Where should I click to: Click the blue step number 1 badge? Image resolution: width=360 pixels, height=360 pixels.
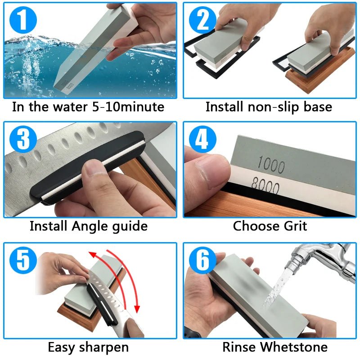pos(20,19)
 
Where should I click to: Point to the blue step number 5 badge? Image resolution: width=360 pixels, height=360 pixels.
pos(20,260)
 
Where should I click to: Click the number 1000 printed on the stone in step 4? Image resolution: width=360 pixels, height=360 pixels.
pos(271,166)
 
